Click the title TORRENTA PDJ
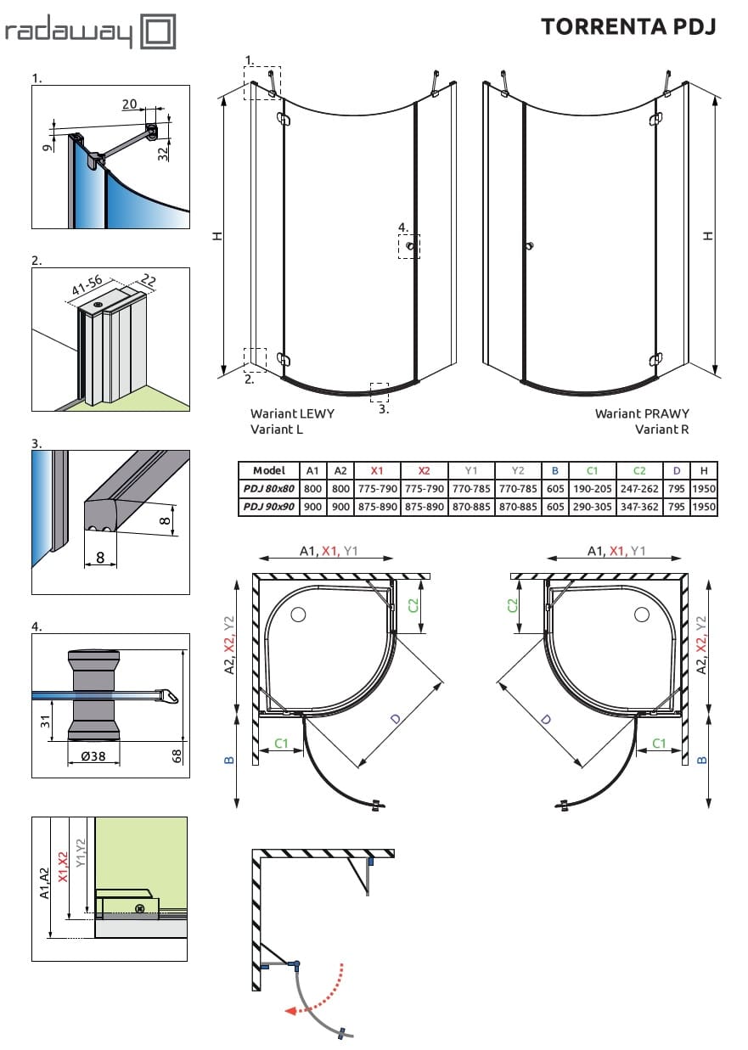[628, 26]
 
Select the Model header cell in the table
[269, 470]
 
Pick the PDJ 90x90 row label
[269, 507]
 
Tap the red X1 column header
[377, 470]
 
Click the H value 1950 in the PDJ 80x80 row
[704, 489]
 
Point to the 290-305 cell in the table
[592, 507]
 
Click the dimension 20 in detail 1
[130, 104]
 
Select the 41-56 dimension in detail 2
[86, 291]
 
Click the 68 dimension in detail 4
[177, 754]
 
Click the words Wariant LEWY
[292, 413]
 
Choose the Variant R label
[661, 430]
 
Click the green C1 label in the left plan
[282, 744]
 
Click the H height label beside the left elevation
[217, 237]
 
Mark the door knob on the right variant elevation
[529, 247]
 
